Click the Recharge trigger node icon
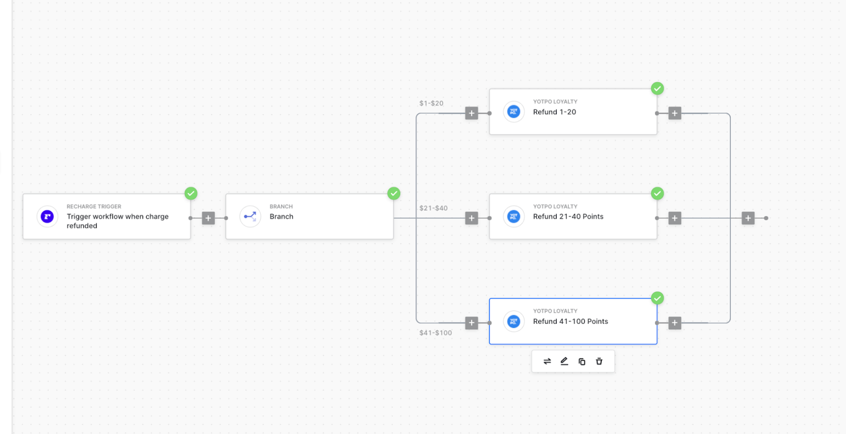pyautogui.click(x=47, y=216)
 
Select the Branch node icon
pyautogui.click(x=250, y=216)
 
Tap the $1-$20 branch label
pyautogui.click(x=431, y=103)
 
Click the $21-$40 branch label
pyautogui.click(x=433, y=208)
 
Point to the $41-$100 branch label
pyautogui.click(x=436, y=333)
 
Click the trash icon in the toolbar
pyautogui.click(x=599, y=361)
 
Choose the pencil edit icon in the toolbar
pyautogui.click(x=564, y=361)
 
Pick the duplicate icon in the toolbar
pyautogui.click(x=582, y=362)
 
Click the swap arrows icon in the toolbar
pyautogui.click(x=547, y=361)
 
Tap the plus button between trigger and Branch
pyautogui.click(x=208, y=218)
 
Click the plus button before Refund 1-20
pyautogui.click(x=471, y=113)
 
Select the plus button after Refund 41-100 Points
pyautogui.click(x=675, y=323)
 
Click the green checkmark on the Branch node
pyautogui.click(x=394, y=193)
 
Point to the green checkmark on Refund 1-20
pyautogui.click(x=657, y=88)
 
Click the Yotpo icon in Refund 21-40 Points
pyautogui.click(x=514, y=216)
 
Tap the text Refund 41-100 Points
pyautogui.click(x=570, y=321)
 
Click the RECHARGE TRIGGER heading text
pyautogui.click(x=94, y=207)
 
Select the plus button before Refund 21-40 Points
pyautogui.click(x=471, y=218)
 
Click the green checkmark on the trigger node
pyautogui.click(x=191, y=193)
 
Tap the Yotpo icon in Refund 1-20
pyautogui.click(x=514, y=112)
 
